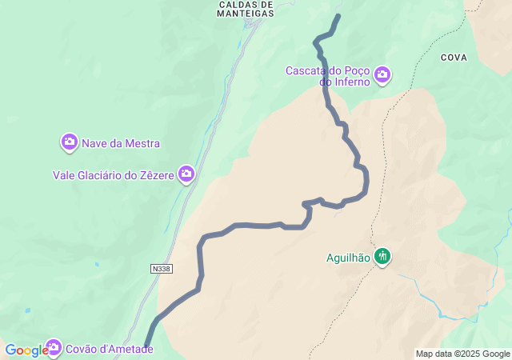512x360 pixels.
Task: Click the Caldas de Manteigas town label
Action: pos(246,9)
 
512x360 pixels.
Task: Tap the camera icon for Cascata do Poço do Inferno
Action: pos(382,75)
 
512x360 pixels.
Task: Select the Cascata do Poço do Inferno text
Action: pos(328,76)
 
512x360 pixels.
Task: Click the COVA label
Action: pos(453,58)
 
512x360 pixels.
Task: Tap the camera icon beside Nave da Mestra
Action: pos(70,142)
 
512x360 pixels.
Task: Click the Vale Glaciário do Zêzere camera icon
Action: pos(186,174)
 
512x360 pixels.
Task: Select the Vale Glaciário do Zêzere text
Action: pos(114,175)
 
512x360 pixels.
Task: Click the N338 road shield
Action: pos(161,269)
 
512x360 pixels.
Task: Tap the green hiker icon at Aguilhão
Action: pos(382,257)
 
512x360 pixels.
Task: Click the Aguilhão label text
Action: pos(348,258)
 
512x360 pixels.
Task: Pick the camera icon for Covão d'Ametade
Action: pos(54,348)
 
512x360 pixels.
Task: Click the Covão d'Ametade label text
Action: pos(109,350)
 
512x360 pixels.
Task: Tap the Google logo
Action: pos(26,350)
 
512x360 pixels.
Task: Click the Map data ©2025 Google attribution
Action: pos(462,354)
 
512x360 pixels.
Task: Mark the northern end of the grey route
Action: pos(338,16)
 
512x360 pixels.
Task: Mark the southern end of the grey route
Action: pos(146,346)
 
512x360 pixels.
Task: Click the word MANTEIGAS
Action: pos(246,14)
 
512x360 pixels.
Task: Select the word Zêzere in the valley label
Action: pos(157,175)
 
